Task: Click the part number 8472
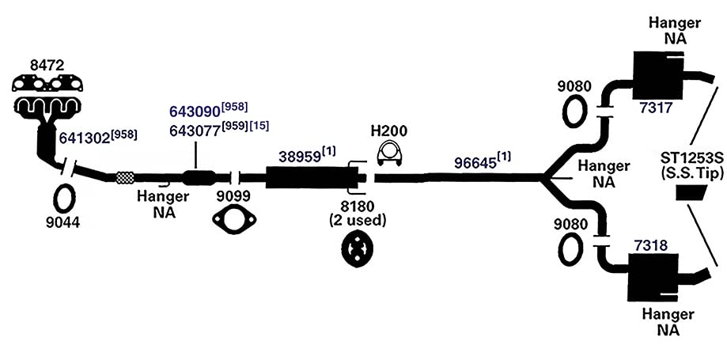coord(47,66)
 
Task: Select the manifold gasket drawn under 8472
coord(47,84)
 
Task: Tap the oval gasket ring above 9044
coord(64,199)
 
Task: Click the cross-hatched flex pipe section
coord(125,177)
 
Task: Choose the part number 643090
coord(195,112)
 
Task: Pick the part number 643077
coord(195,131)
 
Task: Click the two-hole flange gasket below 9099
coord(234,219)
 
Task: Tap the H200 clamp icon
coord(389,153)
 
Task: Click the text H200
coord(388,131)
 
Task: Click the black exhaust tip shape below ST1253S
coord(691,192)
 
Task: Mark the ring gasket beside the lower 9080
coord(570,249)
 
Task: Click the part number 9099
coord(233,197)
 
